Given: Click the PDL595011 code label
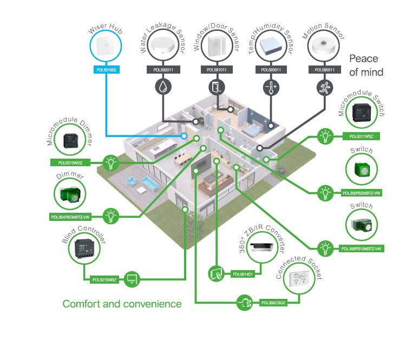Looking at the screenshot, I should (x=323, y=70).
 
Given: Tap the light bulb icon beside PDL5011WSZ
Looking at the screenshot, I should (x=325, y=135).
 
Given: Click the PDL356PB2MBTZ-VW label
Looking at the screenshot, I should (x=362, y=192).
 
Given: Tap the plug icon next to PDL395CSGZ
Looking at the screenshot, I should (x=245, y=302).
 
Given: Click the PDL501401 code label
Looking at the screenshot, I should (x=243, y=274).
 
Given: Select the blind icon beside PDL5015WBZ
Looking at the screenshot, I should (x=132, y=279).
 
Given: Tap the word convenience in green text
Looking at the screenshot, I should (x=151, y=304).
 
